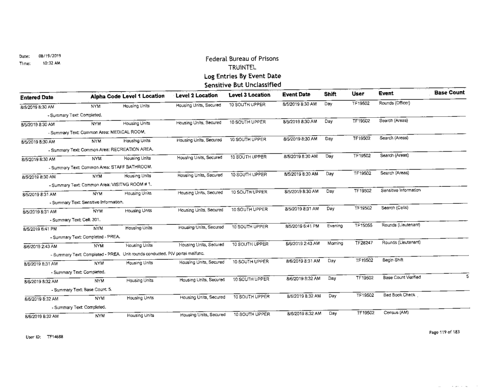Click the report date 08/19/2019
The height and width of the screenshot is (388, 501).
click(49, 56)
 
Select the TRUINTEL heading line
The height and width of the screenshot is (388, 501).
click(239, 67)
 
